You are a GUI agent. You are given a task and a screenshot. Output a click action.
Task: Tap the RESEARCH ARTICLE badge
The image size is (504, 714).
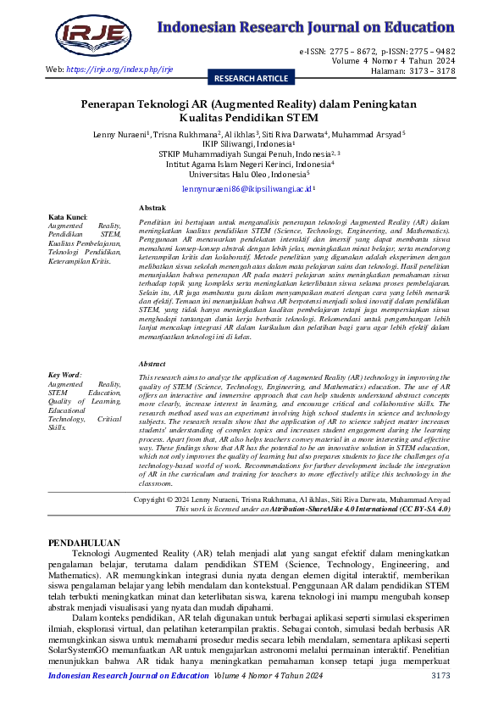click(x=252, y=78)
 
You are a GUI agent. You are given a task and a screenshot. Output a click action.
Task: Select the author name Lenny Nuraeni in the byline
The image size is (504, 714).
click(x=121, y=134)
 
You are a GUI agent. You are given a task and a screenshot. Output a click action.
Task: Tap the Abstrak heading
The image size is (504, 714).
click(x=152, y=208)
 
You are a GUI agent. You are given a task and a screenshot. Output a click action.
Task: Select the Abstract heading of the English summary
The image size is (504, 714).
click(x=153, y=388)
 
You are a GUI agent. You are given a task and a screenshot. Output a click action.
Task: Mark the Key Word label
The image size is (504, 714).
click(x=65, y=398)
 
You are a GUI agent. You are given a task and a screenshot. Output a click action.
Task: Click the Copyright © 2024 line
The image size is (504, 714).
click(x=292, y=500)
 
